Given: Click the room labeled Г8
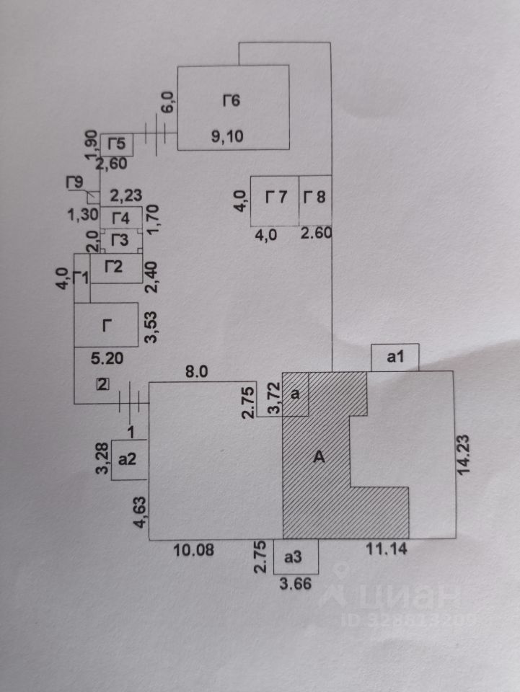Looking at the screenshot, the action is [314, 196].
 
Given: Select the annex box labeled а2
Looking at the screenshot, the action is [128, 458].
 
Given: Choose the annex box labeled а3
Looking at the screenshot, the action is [293, 556].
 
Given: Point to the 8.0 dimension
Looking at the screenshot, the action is [197, 373].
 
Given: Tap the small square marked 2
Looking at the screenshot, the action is [102, 384].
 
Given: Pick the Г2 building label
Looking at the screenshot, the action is [113, 267].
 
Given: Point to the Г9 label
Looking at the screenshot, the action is [74, 182].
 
